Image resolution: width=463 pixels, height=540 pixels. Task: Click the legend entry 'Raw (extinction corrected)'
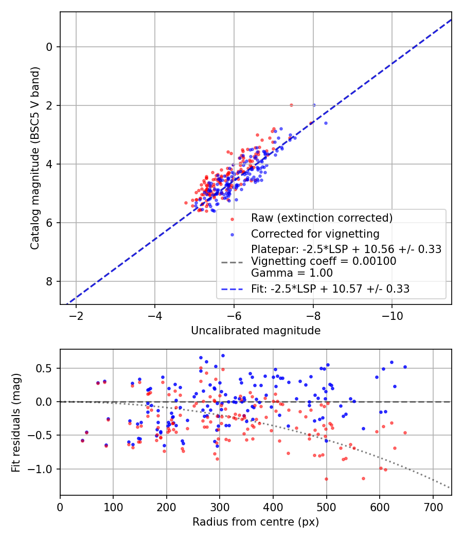click(x=322, y=218)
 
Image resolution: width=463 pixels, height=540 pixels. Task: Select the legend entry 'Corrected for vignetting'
click(x=315, y=234)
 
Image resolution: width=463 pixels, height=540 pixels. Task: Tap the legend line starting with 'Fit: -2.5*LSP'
click(x=330, y=289)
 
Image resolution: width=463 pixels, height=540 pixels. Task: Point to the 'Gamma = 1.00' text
click(x=292, y=273)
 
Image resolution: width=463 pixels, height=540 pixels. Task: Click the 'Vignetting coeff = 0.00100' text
click(x=324, y=261)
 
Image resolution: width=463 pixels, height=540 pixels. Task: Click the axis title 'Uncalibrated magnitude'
click(x=256, y=330)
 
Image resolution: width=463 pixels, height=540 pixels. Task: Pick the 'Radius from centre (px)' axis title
click(x=256, y=522)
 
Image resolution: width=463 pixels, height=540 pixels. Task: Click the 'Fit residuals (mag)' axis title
click(x=16, y=422)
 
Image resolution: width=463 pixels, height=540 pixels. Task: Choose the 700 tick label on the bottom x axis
click(x=433, y=506)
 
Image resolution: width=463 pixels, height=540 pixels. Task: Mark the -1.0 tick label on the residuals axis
click(x=43, y=469)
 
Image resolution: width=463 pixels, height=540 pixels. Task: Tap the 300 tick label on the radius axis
click(x=220, y=506)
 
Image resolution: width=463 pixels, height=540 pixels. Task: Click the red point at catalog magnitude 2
click(x=291, y=105)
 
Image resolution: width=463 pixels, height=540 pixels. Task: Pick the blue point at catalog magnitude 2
click(x=314, y=105)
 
